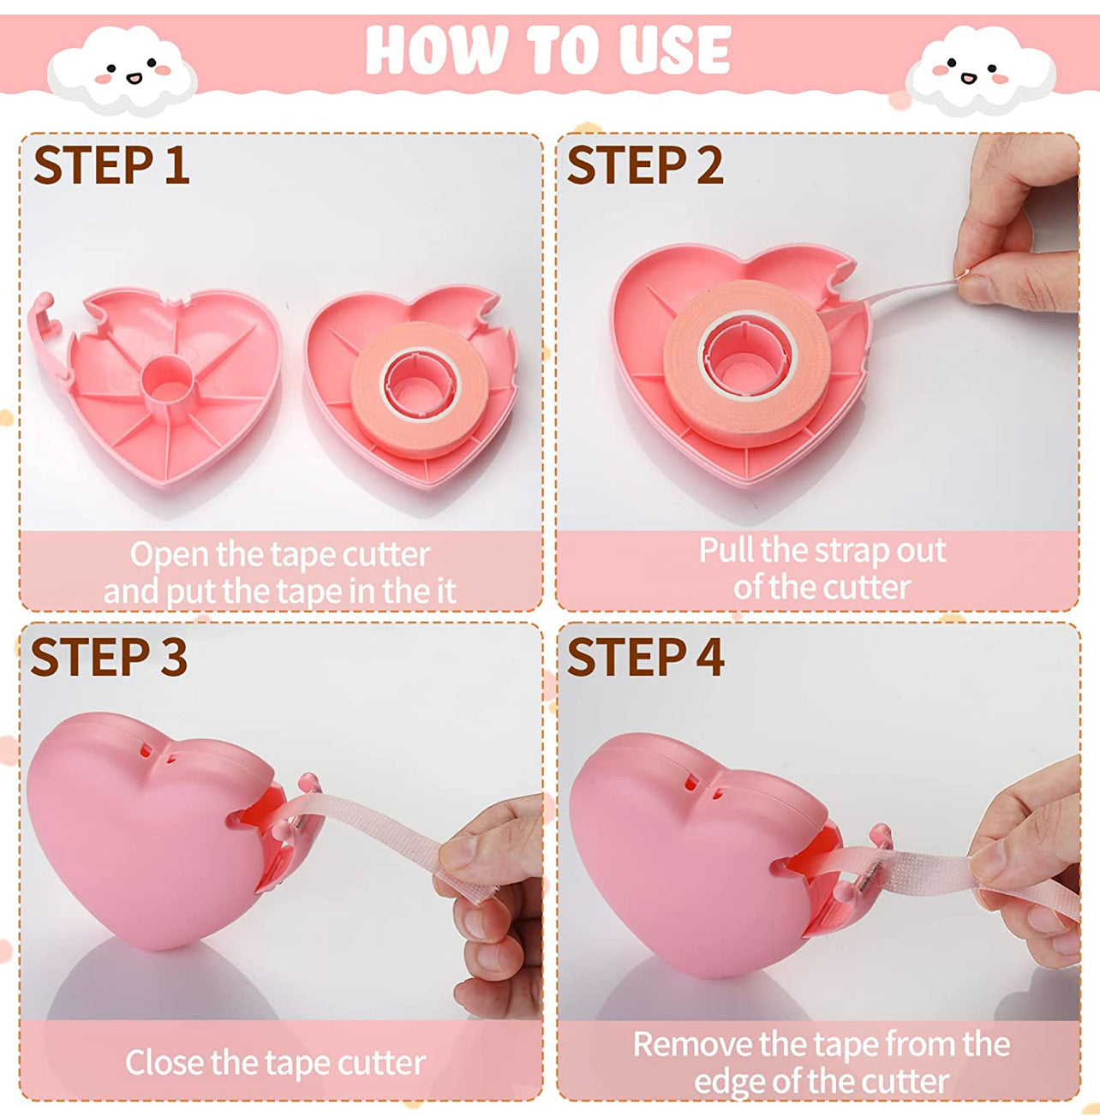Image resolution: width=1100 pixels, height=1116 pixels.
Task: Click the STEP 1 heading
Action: click(x=111, y=165)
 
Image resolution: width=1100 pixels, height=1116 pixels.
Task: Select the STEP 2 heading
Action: click(x=645, y=165)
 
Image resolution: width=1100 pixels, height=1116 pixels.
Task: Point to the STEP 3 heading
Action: click(x=109, y=657)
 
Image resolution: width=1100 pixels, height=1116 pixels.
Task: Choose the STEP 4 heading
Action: click(x=645, y=657)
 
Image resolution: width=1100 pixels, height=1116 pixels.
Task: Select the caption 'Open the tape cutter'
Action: click(x=279, y=554)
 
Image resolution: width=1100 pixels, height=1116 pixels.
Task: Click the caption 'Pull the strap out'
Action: click(x=822, y=550)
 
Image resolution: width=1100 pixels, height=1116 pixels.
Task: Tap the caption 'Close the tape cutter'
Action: click(x=275, y=1063)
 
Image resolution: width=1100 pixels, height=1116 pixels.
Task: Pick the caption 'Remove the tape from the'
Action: click(x=821, y=1044)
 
